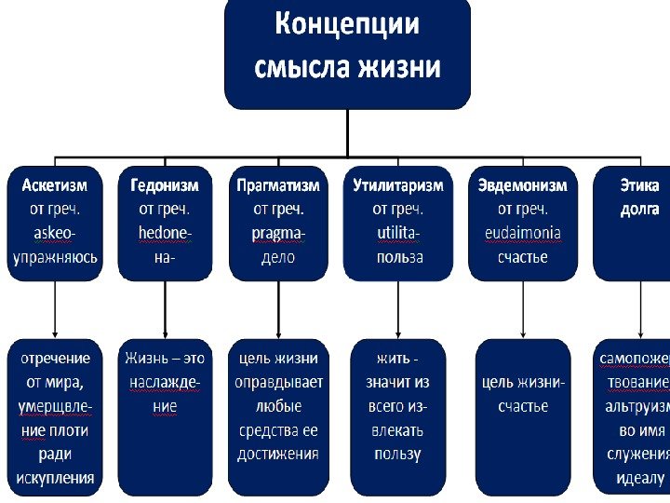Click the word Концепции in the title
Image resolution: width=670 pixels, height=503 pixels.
tap(347, 25)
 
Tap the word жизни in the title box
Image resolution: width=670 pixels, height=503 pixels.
tap(397, 68)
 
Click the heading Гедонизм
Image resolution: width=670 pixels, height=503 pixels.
tap(165, 185)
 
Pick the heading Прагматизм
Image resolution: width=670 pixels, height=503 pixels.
tap(278, 185)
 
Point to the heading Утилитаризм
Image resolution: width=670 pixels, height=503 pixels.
tap(397, 185)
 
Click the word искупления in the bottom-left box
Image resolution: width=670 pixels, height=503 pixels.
tap(56, 479)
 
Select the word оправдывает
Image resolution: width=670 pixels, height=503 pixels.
tap(279, 382)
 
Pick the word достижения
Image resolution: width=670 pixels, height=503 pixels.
tap(279, 455)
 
